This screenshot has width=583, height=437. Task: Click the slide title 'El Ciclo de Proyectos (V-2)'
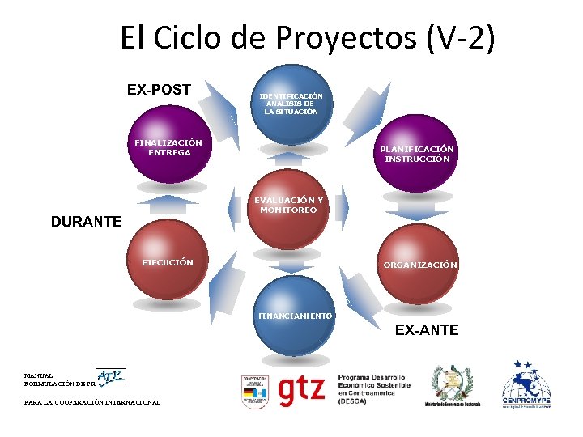click(307, 37)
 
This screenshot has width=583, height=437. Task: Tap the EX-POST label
click(159, 89)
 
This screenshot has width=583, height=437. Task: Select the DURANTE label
click(86, 221)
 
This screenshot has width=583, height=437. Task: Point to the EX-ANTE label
click(427, 329)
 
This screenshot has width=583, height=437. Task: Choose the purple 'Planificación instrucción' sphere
click(416, 152)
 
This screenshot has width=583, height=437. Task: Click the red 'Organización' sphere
click(418, 260)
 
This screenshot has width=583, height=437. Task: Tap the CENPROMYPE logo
click(526, 386)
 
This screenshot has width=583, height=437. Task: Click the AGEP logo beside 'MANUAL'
click(111, 377)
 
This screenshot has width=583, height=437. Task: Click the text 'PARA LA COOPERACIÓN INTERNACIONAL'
click(92, 402)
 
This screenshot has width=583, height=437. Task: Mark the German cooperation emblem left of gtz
click(254, 391)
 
